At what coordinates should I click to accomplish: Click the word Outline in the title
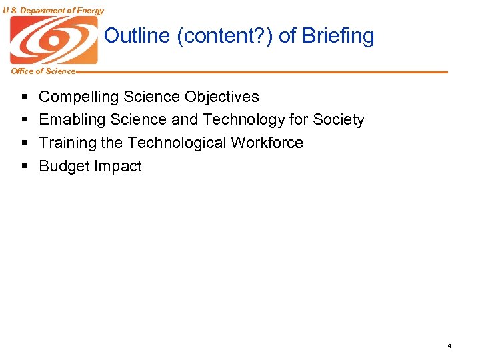click(137, 36)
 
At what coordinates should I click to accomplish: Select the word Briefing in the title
click(338, 36)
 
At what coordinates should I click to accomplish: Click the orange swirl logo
click(53, 40)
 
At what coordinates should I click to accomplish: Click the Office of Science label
click(43, 71)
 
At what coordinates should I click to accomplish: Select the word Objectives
click(222, 97)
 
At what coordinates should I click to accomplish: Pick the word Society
click(338, 120)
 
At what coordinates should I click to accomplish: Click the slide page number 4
click(449, 346)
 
